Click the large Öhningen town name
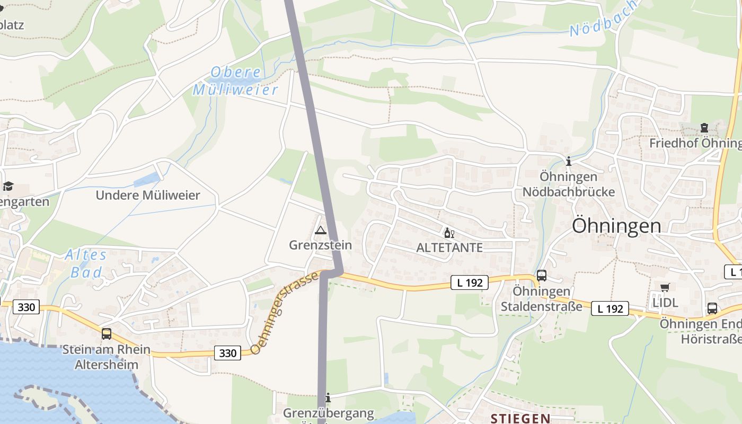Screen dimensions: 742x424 (616, 226)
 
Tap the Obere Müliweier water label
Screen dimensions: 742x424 (235, 81)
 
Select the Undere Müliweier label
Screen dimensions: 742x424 (148, 195)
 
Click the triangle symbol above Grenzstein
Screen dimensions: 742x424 (320, 231)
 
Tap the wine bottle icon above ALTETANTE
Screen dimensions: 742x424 (449, 233)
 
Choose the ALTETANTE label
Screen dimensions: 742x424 (449, 248)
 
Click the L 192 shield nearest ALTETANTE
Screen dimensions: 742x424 (470, 282)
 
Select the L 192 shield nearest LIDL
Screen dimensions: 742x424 (609, 308)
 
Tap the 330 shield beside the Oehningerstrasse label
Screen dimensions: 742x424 (227, 352)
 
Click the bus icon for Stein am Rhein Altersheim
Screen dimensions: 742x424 (107, 334)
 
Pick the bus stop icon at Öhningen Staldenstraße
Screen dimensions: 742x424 (541, 276)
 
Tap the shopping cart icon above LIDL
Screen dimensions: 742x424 (665, 288)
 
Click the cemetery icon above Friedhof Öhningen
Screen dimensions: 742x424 (704, 128)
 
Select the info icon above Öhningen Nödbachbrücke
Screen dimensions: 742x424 (569, 161)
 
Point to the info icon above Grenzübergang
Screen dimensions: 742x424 (328, 397)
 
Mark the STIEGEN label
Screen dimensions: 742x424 (520, 419)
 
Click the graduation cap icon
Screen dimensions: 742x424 (8, 186)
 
